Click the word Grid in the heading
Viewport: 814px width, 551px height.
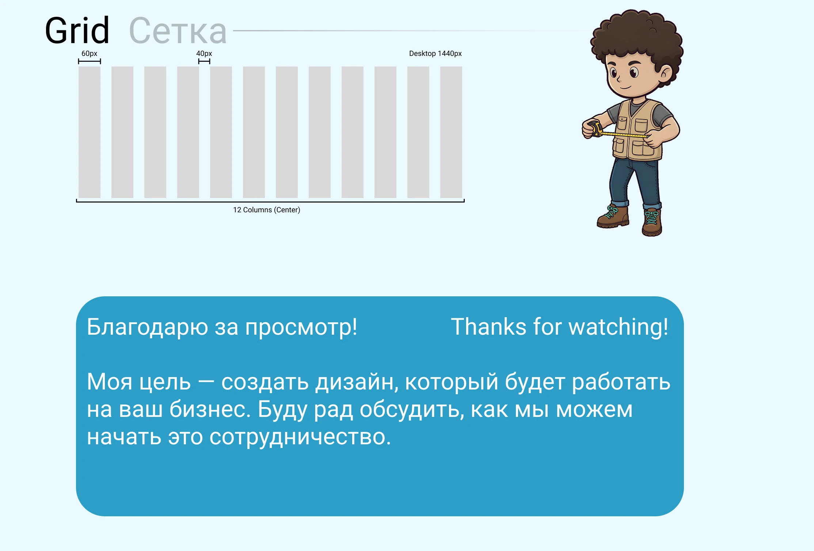77,31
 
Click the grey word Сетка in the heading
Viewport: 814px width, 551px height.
178,31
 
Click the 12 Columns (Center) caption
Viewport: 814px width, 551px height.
266,210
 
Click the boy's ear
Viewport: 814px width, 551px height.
666,73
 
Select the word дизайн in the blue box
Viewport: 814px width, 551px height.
357,382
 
